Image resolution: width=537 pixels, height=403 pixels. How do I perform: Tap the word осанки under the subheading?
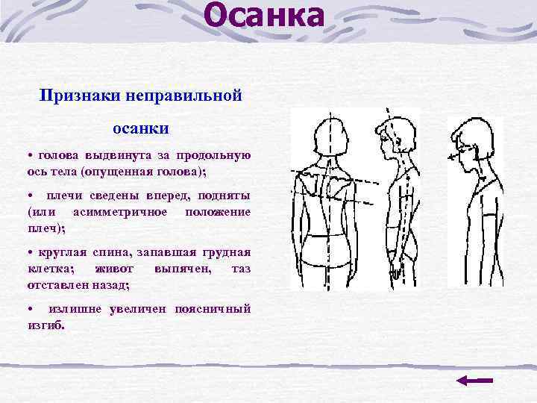point(140,128)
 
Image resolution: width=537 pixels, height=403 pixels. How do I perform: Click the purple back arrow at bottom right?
point(474,381)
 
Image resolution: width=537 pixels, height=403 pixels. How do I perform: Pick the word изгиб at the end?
point(45,325)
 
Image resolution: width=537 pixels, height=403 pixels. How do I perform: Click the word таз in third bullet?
point(241,269)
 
